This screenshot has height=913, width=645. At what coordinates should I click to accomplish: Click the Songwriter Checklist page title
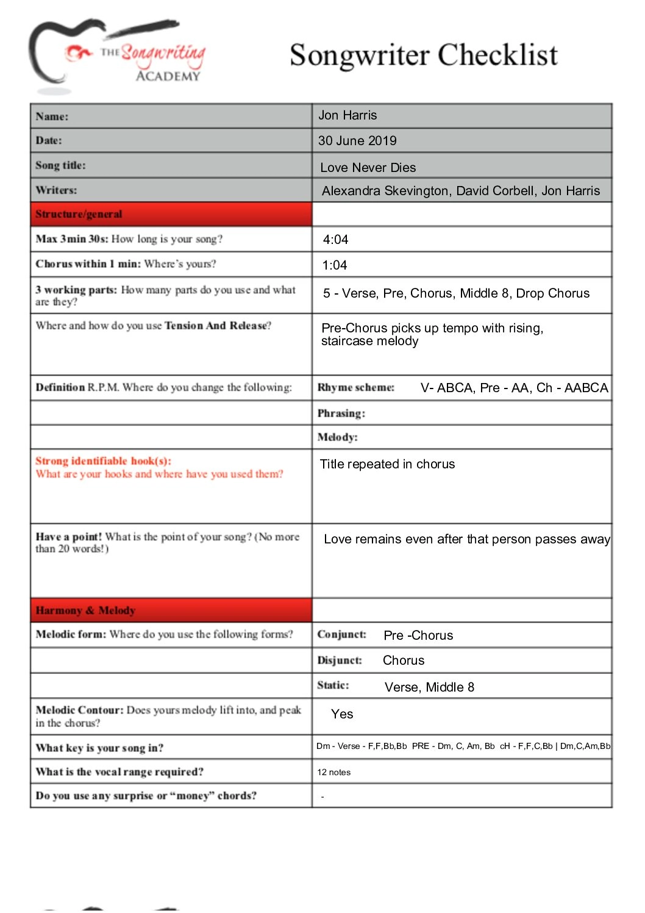pos(423,55)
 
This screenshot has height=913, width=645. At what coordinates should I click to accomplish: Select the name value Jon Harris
pos(347,115)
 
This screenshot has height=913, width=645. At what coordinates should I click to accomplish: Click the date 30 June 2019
pos(357,141)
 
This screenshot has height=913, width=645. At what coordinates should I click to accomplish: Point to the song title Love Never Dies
pos(368,168)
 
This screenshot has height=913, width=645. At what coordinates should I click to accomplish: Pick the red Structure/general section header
pos(79,214)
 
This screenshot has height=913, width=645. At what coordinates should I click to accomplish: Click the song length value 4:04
pos(336,240)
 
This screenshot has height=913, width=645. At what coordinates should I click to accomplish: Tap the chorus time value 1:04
pos(335,265)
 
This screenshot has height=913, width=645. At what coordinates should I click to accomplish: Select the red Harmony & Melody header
pos(85,610)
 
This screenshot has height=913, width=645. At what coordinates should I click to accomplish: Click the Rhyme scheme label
pos(356,387)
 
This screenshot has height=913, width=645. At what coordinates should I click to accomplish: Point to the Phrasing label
pos(341,413)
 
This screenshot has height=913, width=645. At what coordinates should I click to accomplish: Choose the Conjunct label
pos(342,634)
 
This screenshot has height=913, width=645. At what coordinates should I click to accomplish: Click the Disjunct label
pos(340,660)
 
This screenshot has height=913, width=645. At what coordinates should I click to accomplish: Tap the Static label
pos(333,685)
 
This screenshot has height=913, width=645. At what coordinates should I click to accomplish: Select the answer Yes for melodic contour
pos(342,714)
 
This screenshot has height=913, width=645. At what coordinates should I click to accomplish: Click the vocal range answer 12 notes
pos(334,772)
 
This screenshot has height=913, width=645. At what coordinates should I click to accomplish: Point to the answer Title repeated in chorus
pos(388,464)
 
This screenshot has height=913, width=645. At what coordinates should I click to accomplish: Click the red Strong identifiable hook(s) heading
pos(103,461)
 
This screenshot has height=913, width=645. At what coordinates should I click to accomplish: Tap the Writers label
pos(56,190)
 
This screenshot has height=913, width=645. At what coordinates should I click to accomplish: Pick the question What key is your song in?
pos(99,748)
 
